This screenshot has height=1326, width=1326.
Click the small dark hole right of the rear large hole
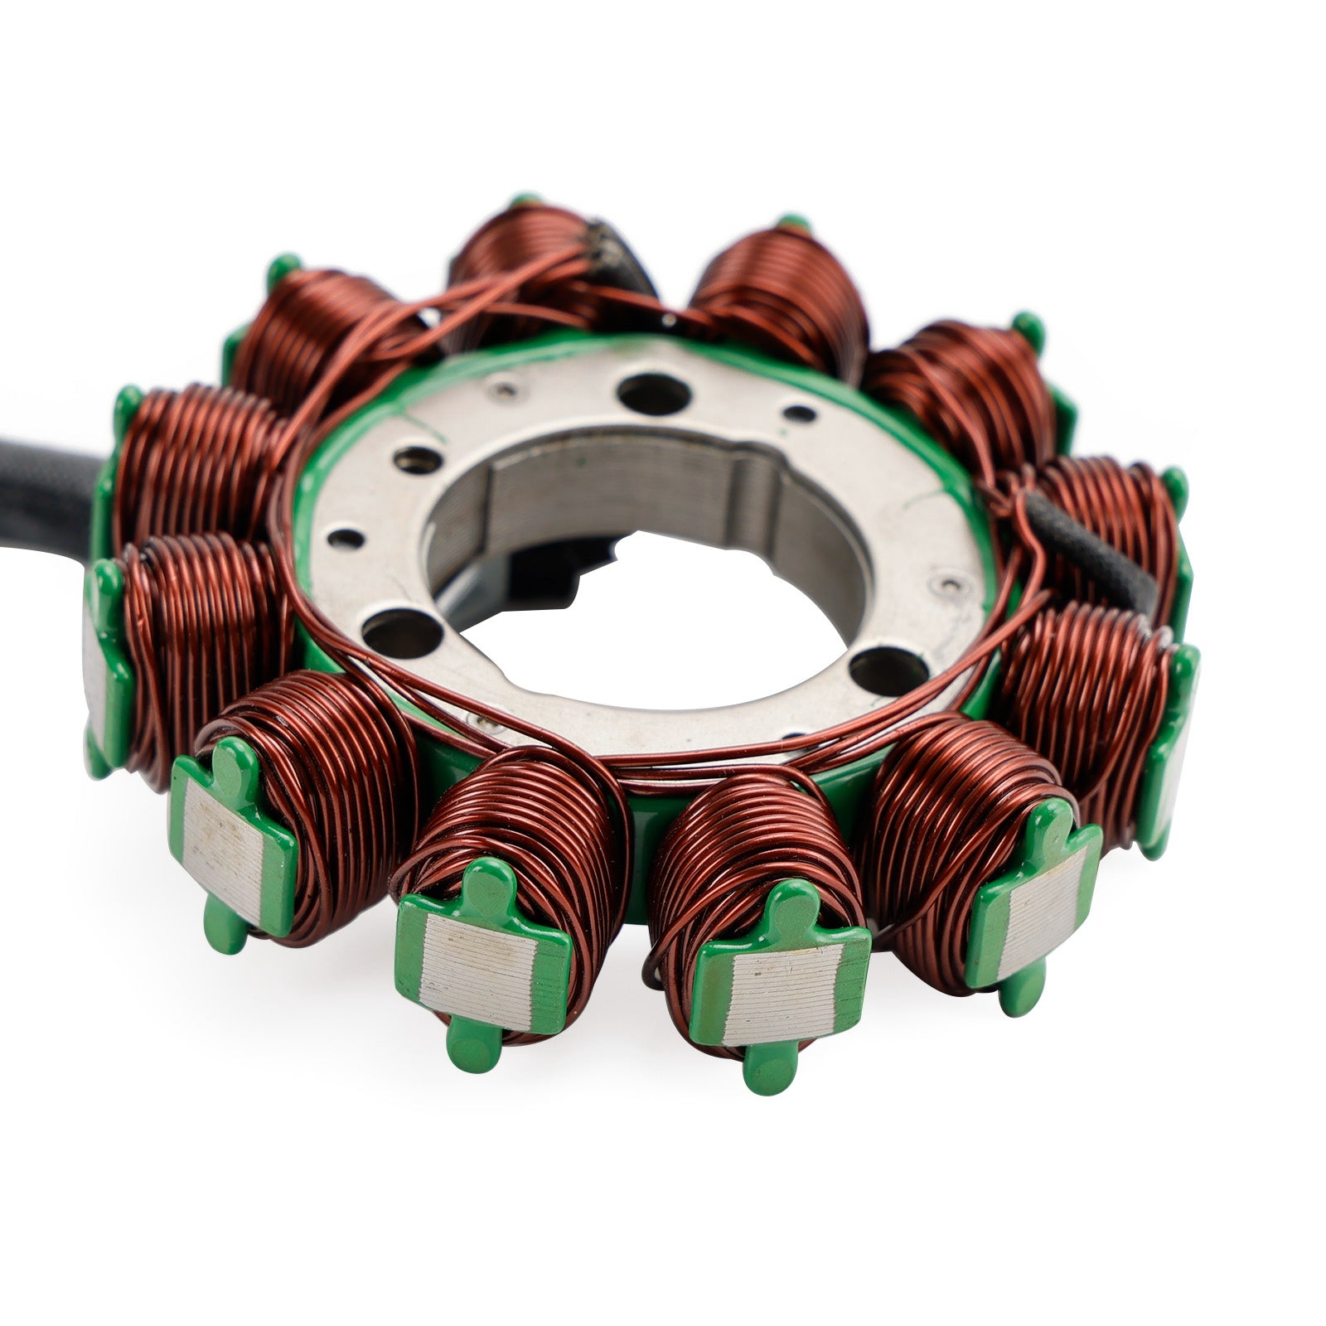pos(800,412)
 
